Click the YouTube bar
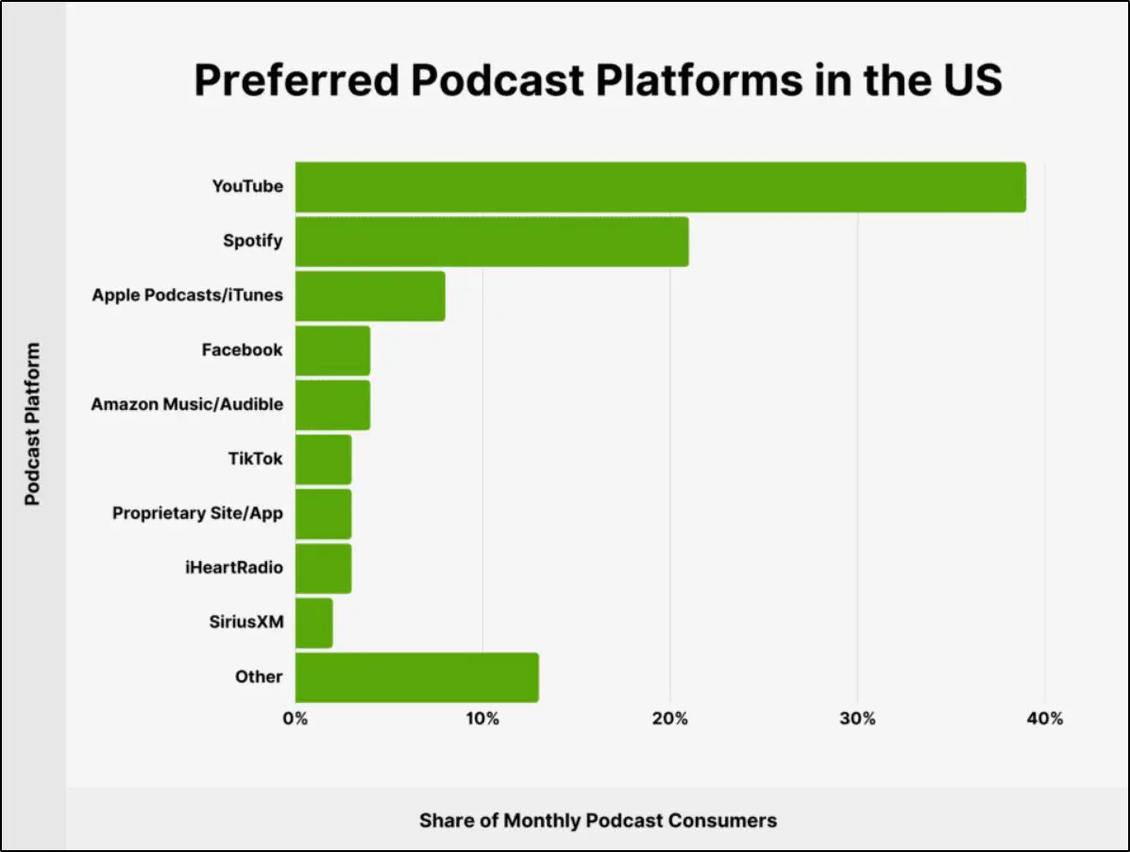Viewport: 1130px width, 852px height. coord(660,187)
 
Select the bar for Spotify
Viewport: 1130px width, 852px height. coord(492,242)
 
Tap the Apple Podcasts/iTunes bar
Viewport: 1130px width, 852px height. coord(370,296)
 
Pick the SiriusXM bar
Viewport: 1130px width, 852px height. coord(313,622)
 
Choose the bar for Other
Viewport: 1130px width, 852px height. coord(416,677)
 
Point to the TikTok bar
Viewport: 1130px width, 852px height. coord(323,459)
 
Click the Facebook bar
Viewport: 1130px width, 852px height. coord(332,350)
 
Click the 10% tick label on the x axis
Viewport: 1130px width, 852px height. coord(482,719)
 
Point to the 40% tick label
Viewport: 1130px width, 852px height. coord(1044,719)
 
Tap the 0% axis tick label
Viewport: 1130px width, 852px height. coord(295,719)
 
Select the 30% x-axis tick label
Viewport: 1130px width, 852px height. coord(857,719)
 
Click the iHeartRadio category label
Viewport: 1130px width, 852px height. coord(234,568)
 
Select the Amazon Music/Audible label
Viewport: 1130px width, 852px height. coord(187,404)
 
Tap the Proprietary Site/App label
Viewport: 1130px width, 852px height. coord(197,513)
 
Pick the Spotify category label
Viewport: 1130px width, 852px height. coord(252,241)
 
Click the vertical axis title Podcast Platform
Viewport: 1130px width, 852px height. coord(33,423)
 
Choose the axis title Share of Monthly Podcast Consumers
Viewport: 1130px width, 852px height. coord(598,820)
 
